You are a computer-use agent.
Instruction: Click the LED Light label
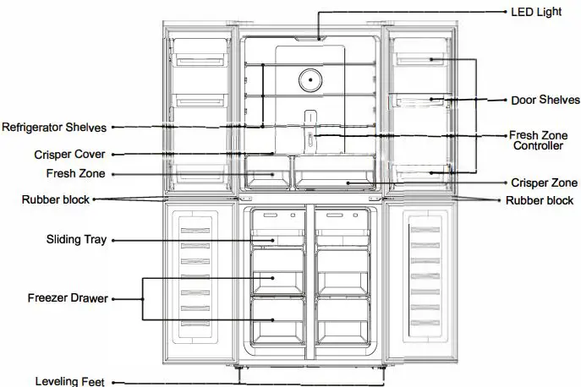click(536, 13)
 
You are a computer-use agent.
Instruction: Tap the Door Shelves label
click(544, 100)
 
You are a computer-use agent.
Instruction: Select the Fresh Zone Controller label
click(538, 140)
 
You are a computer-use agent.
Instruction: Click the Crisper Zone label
click(544, 183)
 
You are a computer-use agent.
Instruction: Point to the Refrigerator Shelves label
click(54, 128)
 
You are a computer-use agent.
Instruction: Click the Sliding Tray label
click(76, 240)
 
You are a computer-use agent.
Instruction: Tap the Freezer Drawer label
click(67, 297)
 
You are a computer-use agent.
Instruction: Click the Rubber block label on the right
click(540, 201)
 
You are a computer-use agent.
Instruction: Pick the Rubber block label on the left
click(56, 200)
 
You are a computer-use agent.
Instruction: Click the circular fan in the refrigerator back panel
click(310, 80)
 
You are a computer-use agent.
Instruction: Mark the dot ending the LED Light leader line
click(319, 37)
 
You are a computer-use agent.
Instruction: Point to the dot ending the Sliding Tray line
click(274, 240)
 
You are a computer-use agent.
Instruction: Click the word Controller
click(538, 146)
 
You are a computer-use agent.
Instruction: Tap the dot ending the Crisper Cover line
click(271, 155)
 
